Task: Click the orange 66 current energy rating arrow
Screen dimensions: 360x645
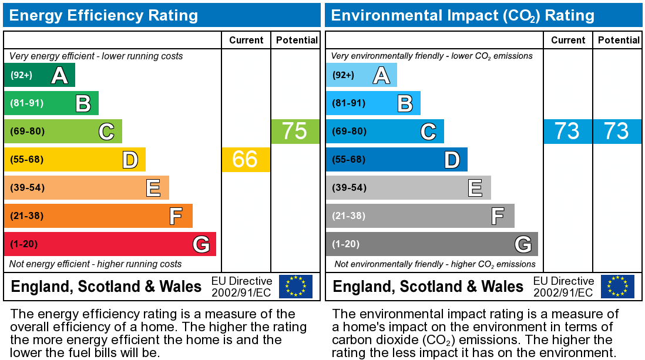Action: tap(246, 159)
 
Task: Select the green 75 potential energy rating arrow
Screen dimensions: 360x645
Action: tap(295, 131)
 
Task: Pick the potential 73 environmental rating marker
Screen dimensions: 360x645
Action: tap(617, 131)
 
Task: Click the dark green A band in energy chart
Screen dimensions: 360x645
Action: tap(39, 75)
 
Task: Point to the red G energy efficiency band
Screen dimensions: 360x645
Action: tap(110, 244)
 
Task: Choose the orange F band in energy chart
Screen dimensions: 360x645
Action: tap(98, 216)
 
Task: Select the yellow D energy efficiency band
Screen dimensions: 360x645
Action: tap(75, 159)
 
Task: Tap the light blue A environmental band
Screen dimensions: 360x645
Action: tap(361, 75)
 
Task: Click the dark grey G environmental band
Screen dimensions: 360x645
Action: tap(432, 244)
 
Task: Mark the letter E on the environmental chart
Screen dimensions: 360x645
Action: tap(475, 188)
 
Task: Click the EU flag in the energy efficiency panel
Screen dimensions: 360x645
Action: tap(295, 287)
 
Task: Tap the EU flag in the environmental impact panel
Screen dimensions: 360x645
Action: tap(617, 287)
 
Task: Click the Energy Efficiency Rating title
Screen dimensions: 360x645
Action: tap(103, 15)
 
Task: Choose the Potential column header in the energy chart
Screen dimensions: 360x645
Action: tap(297, 40)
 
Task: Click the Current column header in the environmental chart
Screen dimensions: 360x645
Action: tap(568, 40)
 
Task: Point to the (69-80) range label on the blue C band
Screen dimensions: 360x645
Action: tap(349, 131)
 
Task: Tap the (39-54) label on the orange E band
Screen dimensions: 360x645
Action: tap(27, 188)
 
